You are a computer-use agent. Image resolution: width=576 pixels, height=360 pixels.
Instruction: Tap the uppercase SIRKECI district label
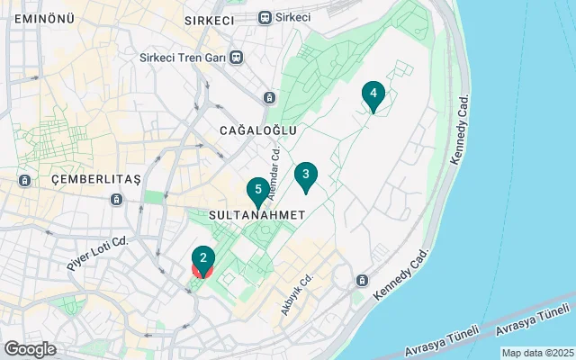coord(209,19)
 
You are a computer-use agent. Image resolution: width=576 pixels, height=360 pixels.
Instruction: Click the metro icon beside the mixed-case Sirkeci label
coord(265,17)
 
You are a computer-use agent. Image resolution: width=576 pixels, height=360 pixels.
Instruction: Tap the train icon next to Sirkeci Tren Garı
coord(236,58)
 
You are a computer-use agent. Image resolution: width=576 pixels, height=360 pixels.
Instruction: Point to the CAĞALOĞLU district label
coord(258,130)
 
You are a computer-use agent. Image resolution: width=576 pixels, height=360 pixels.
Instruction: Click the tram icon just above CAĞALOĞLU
coord(269,97)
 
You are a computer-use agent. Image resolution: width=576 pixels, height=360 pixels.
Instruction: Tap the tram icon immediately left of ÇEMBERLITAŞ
coord(24,180)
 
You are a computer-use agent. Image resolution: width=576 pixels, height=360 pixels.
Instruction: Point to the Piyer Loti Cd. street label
coord(98,253)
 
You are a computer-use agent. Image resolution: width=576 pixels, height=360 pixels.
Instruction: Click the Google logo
coord(30,349)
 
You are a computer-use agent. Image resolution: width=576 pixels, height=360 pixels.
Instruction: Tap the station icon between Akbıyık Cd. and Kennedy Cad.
coord(362,280)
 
